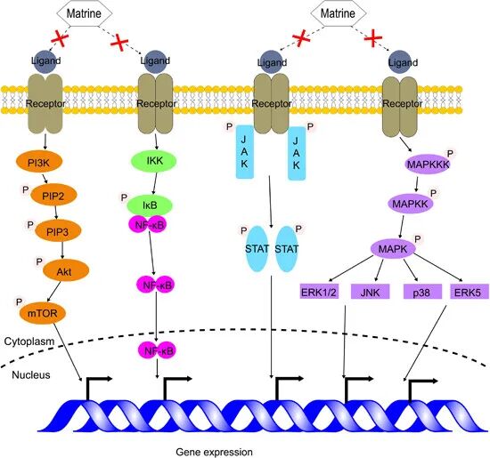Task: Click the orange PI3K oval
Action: (x=39, y=162)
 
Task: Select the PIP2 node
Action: (x=53, y=196)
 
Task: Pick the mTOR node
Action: (x=43, y=313)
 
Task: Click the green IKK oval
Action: (x=153, y=161)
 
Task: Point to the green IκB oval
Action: (x=150, y=205)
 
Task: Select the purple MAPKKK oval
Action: (x=428, y=165)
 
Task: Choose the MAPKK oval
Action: (x=411, y=204)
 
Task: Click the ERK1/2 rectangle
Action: (x=319, y=292)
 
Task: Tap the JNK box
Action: (x=371, y=292)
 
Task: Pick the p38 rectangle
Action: (x=422, y=292)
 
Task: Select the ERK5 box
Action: (x=469, y=292)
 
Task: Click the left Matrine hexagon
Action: (x=84, y=13)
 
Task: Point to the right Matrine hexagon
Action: (x=338, y=13)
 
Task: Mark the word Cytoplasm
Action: (x=29, y=341)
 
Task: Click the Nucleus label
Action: (x=31, y=374)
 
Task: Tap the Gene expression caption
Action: (x=214, y=452)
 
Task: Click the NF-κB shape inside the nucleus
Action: (x=157, y=350)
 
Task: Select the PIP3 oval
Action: (x=58, y=232)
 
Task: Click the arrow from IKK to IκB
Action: (x=155, y=183)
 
